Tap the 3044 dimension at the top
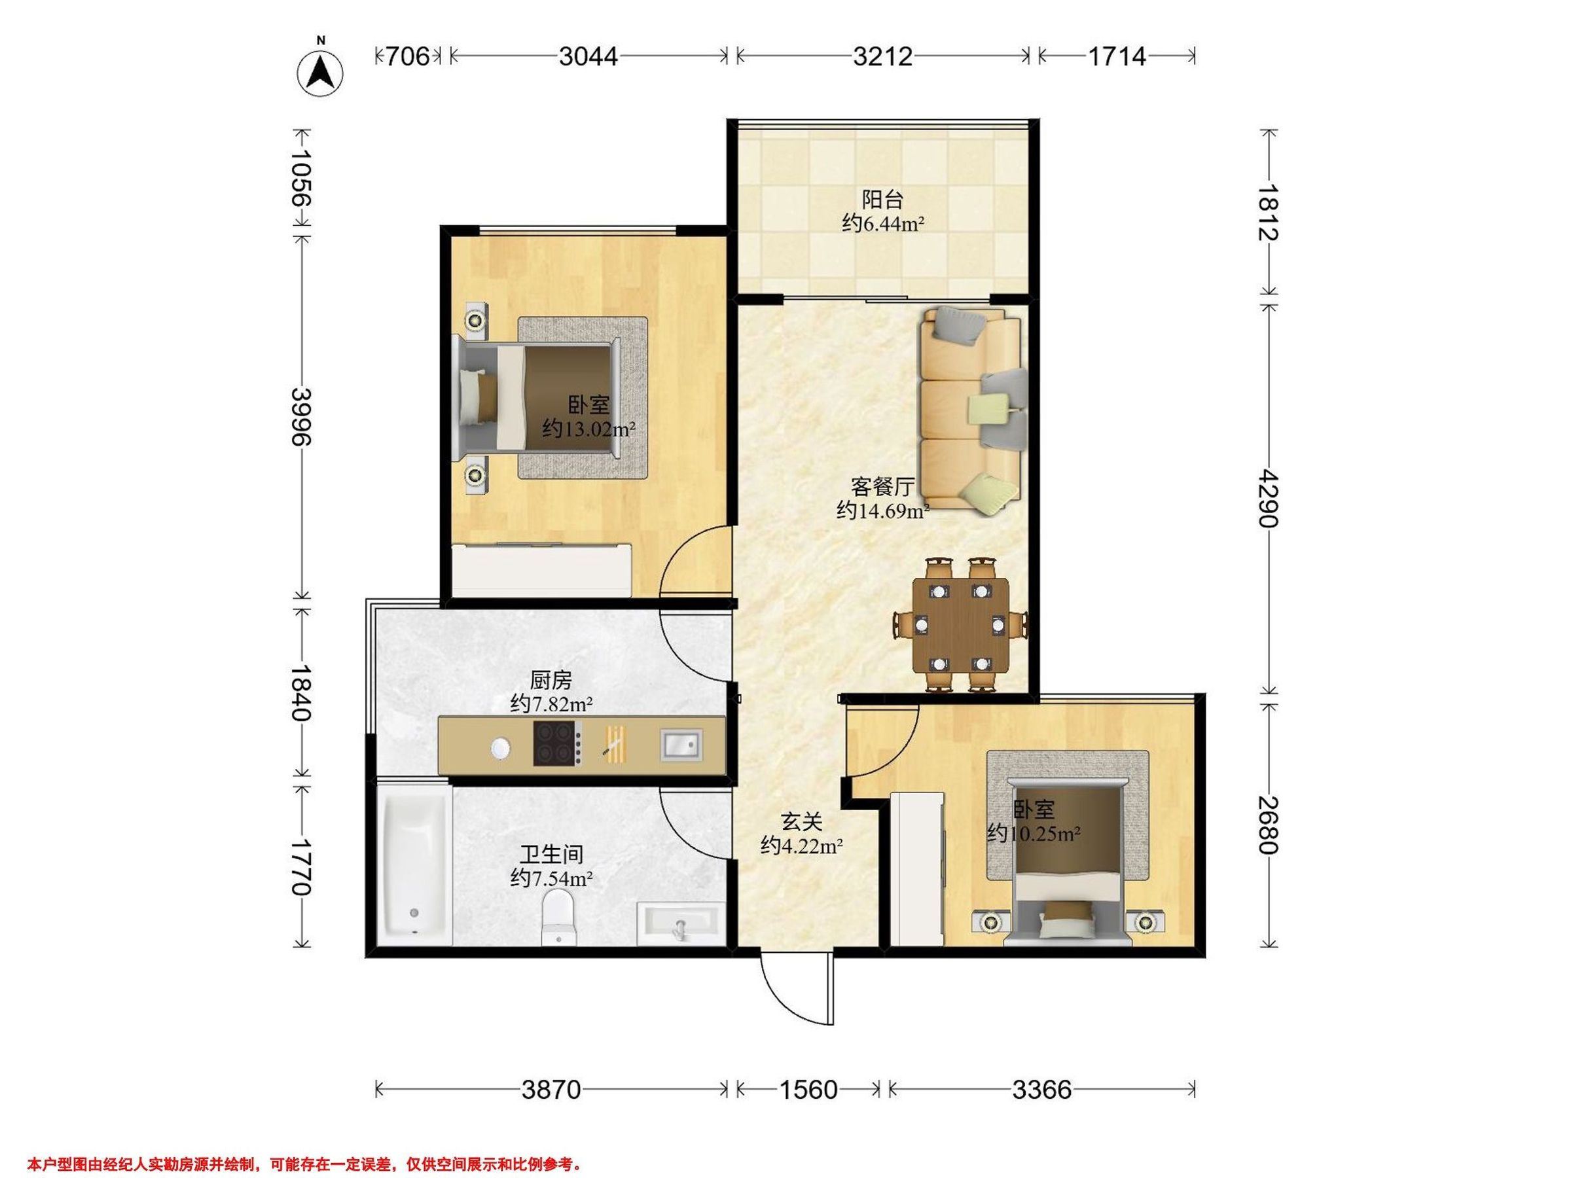tap(588, 56)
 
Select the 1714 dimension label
tap(1117, 56)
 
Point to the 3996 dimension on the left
tap(302, 416)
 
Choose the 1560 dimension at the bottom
tap(808, 1089)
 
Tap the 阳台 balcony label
tap(883, 200)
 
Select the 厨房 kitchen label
tap(551, 680)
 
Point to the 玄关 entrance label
tap(802, 822)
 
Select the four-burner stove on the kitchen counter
tap(558, 743)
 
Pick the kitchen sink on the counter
tap(681, 745)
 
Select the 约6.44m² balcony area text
tap(883, 224)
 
